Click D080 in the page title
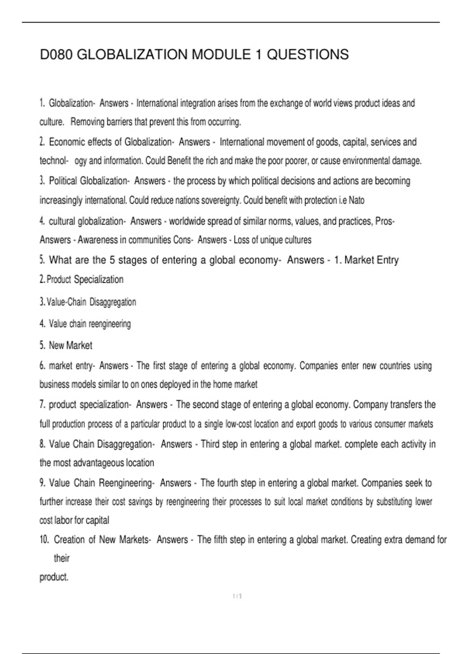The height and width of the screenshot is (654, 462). point(57,55)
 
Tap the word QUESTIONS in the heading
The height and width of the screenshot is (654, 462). point(308,55)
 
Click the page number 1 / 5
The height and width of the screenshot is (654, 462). point(237,596)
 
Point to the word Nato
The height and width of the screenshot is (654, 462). point(357,200)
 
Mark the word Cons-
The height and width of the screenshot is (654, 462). point(182,240)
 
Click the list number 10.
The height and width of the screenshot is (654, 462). point(44,540)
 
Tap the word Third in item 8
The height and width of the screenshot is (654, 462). point(210,444)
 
